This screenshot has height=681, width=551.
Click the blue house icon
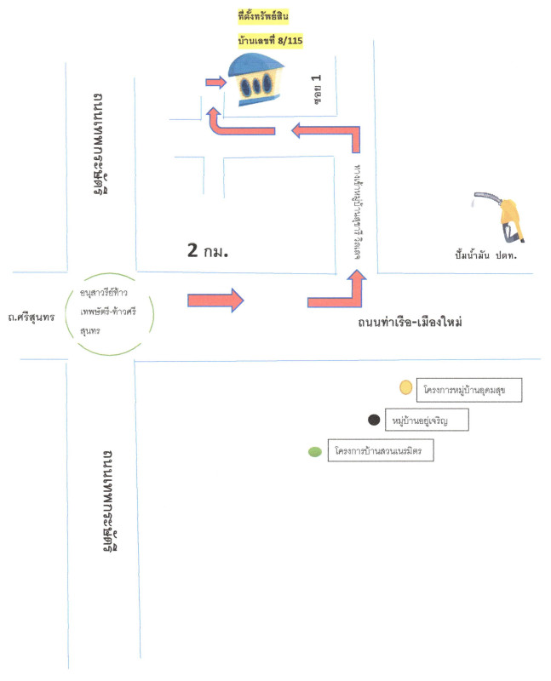[258, 81]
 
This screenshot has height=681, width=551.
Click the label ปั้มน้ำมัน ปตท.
[487, 253]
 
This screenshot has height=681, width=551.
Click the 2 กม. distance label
[209, 251]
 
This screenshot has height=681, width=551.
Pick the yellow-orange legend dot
[406, 388]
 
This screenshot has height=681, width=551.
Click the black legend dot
[373, 420]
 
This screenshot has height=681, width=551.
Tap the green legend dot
[314, 451]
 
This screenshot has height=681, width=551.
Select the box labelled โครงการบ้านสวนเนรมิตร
[382, 450]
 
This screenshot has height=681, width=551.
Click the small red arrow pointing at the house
[215, 83]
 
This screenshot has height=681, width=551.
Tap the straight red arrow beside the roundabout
[215, 300]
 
